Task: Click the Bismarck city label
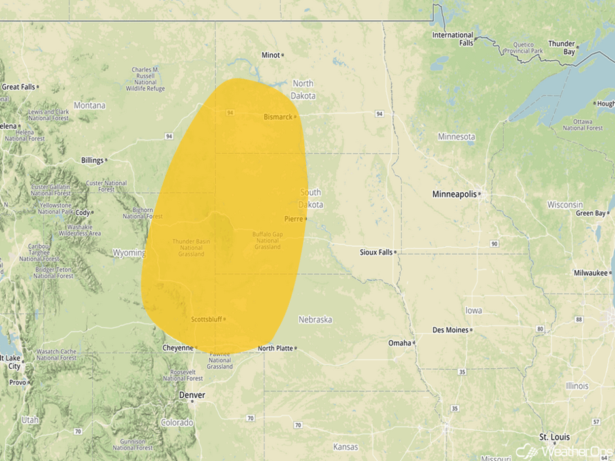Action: point(277,117)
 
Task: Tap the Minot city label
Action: point(270,55)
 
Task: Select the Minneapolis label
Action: point(454,194)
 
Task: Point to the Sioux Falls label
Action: point(376,252)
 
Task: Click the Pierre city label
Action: point(293,218)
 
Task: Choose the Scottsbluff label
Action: point(206,320)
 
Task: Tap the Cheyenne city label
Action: point(178,348)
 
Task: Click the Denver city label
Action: point(192,395)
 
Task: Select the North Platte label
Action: point(275,348)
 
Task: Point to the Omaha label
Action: point(400,343)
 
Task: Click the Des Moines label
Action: point(451,330)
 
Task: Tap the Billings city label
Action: point(92,160)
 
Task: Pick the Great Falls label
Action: point(18,86)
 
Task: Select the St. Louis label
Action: point(554,436)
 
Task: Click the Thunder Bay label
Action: point(561,48)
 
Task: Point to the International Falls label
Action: point(453,39)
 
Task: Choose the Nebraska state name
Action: point(315,320)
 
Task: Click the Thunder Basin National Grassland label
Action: point(191,247)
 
